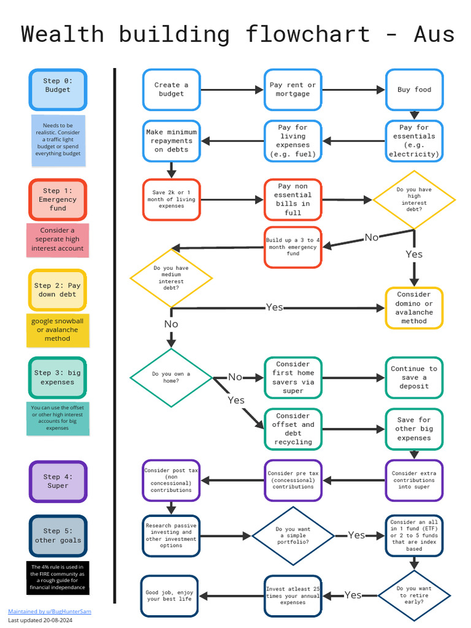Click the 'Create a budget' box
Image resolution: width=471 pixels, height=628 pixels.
pyautogui.click(x=171, y=90)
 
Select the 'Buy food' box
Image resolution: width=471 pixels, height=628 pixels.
pyautogui.click(x=414, y=90)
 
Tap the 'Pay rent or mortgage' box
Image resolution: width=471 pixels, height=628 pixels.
pyautogui.click(x=293, y=90)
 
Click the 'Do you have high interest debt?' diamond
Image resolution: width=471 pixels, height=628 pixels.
pyautogui.click(x=414, y=199)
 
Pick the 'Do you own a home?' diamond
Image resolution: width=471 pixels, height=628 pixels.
pyautogui.click(x=171, y=377)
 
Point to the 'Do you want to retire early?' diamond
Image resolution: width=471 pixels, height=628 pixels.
pyautogui.click(x=414, y=594)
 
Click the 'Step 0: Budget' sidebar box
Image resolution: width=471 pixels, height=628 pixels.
pyautogui.click(x=58, y=90)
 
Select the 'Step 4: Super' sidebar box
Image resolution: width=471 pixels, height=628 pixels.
pyautogui.click(x=58, y=481)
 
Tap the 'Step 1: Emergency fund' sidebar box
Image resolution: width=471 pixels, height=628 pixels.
pyautogui.click(x=58, y=199)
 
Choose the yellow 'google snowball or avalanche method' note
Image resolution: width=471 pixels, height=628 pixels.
pyautogui.click(x=58, y=330)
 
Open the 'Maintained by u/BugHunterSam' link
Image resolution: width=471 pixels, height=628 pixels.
pyautogui.click(x=49, y=611)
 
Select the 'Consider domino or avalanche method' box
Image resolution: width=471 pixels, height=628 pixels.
pyautogui.click(x=414, y=308)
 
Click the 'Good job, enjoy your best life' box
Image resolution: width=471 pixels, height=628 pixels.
pyautogui.click(x=169, y=595)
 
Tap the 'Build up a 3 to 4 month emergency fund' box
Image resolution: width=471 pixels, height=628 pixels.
pyautogui.click(x=293, y=247)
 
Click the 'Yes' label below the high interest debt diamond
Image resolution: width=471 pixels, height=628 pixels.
pyautogui.click(x=414, y=254)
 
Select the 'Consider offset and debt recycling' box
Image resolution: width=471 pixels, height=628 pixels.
pyautogui.click(x=293, y=429)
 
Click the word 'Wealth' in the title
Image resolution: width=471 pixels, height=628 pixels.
pyautogui.click(x=63, y=34)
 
